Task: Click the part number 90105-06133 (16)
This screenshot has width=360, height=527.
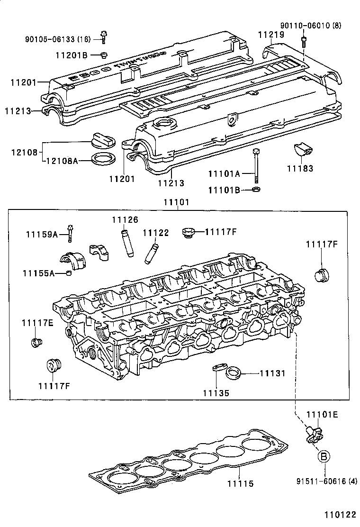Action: pos(57,38)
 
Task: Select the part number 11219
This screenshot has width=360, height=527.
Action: pos(271,35)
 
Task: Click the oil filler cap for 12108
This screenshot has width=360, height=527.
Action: pos(102,140)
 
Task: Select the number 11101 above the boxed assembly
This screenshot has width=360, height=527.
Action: pos(176,202)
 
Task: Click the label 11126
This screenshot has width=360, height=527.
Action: pos(125,219)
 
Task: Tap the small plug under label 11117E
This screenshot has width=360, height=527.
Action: pos(36,342)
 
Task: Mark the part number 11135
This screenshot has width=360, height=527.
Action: pos(216,393)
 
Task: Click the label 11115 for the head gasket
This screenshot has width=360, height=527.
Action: pos(240,483)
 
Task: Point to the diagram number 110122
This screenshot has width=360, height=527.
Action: pos(340,514)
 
